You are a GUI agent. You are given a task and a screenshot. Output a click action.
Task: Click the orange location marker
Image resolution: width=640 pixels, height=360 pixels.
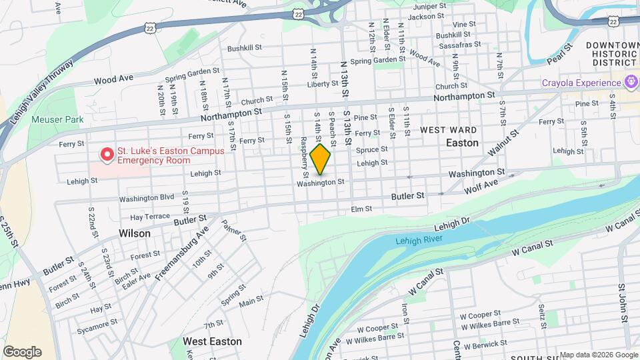tap(321, 159)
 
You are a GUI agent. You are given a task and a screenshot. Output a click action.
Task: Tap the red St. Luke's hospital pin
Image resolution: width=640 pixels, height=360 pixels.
tap(106, 154)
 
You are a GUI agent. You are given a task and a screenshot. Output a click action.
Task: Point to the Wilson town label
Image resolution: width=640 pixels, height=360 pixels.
tap(135, 234)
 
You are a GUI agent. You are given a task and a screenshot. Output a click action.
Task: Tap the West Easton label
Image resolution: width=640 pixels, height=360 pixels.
tap(213, 341)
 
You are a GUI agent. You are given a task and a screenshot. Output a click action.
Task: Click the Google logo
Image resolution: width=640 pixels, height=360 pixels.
tap(22, 352)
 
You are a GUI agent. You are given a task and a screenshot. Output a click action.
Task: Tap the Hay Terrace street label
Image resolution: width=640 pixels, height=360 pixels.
tap(150, 217)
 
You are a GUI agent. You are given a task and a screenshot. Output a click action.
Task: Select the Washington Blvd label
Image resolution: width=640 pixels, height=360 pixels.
tap(147, 198)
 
